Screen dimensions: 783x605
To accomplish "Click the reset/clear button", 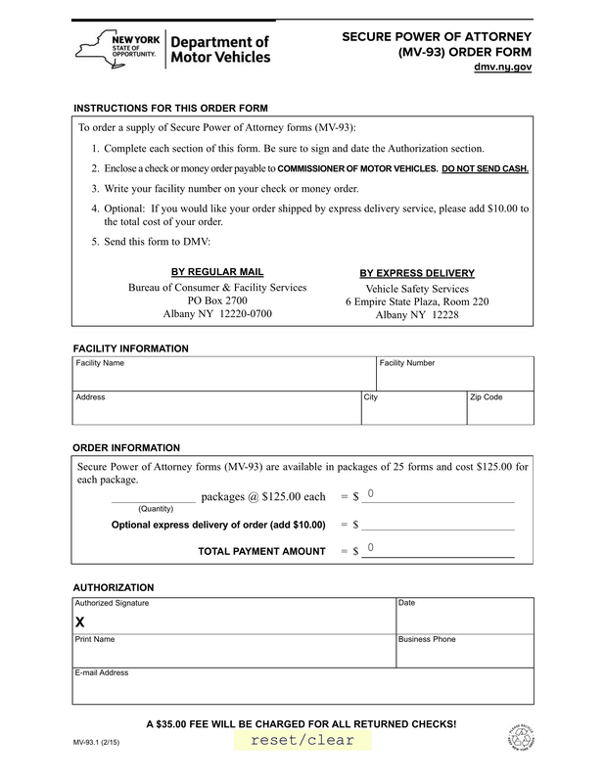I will (302, 740).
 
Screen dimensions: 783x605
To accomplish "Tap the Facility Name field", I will (223, 378).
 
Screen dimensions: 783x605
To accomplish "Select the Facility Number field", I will (454, 378).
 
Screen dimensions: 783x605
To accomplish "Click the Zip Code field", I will (499, 411).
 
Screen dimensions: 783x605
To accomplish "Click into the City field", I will (413, 411).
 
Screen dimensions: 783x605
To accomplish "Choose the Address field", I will (215, 411).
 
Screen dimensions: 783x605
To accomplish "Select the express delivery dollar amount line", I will (438, 525).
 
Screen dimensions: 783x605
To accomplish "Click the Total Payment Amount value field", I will (438, 550).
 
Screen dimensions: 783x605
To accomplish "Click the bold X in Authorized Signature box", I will (80, 623).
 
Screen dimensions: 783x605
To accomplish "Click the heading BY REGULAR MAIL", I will (217, 271).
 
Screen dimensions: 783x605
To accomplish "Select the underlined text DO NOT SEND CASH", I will (485, 168).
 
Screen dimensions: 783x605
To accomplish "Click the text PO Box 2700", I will (217, 300).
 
